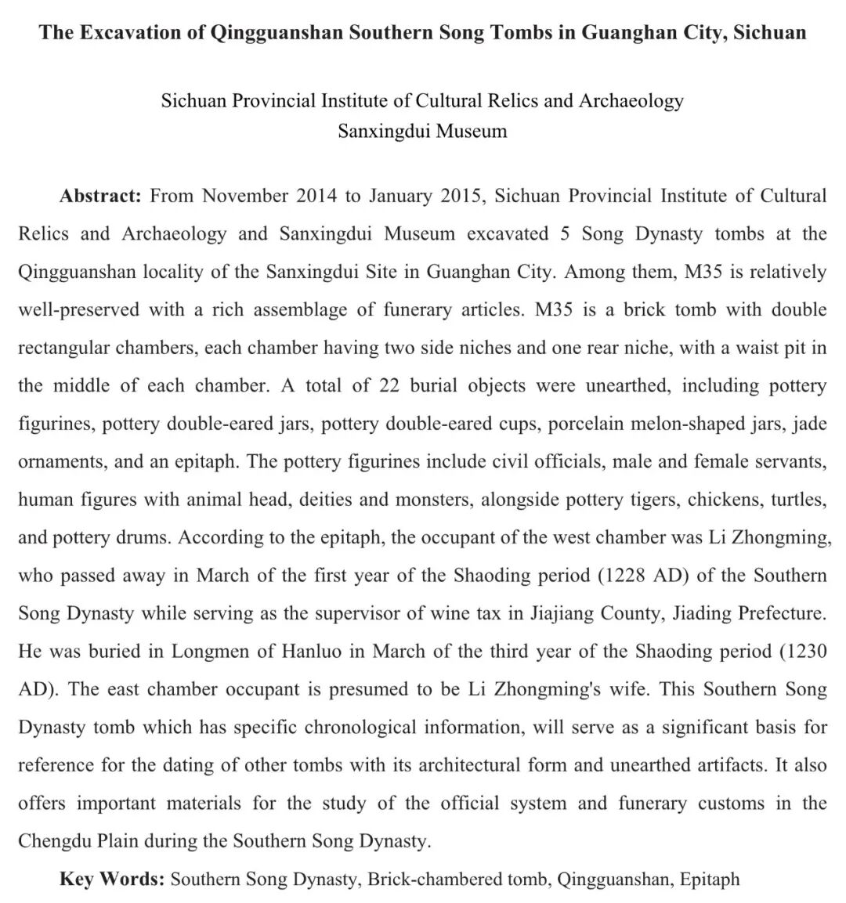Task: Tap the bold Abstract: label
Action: pyautogui.click(x=100, y=196)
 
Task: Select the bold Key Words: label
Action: pyautogui.click(x=111, y=880)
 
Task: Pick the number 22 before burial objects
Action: pyautogui.click(x=389, y=386)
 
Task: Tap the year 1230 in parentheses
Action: pyautogui.click(x=806, y=652)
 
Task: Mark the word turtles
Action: pyautogui.click(x=798, y=500)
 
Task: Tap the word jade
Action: pyautogui.click(x=810, y=424)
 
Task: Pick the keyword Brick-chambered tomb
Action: pyautogui.click(x=457, y=880)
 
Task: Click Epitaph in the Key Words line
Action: pyautogui.click(x=710, y=880)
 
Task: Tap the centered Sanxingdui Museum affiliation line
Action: pyautogui.click(x=422, y=131)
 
